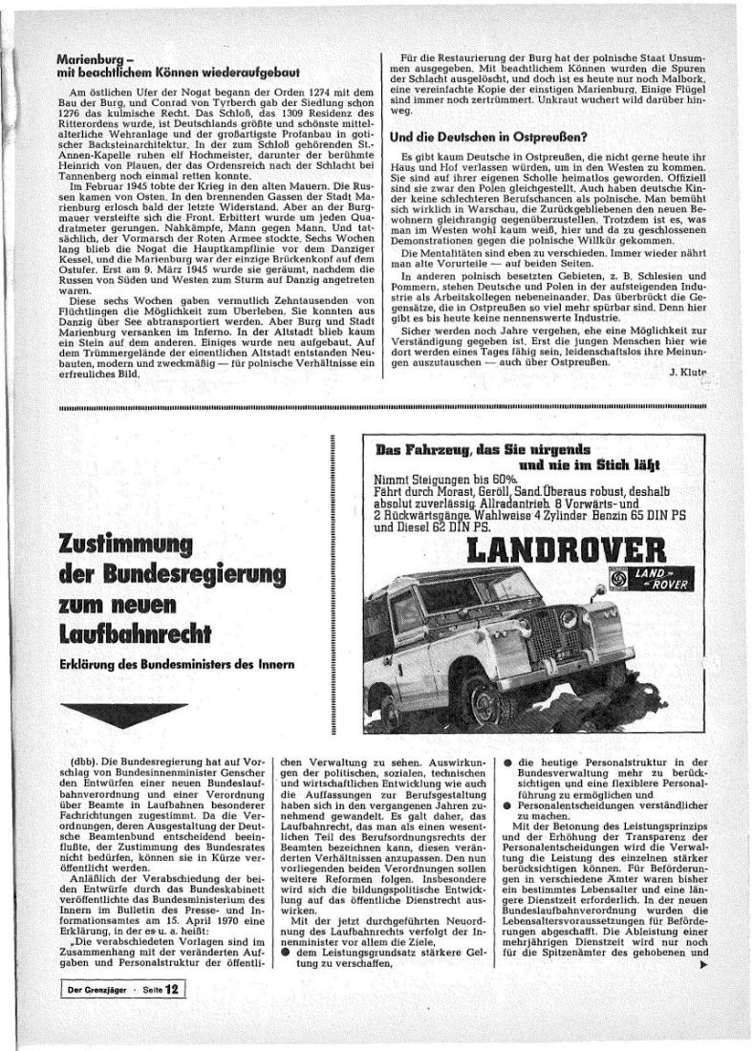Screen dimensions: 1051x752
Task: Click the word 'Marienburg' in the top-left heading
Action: (91, 57)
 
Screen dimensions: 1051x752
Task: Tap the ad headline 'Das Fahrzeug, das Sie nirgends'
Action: (482, 448)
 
